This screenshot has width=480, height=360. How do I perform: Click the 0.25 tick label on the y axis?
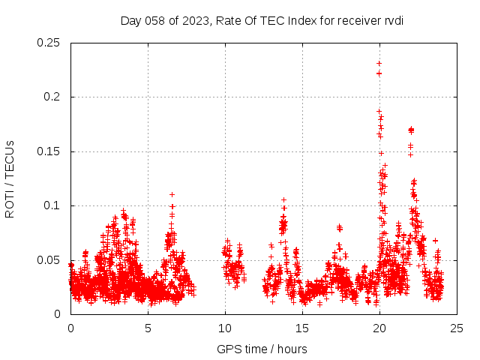(50, 43)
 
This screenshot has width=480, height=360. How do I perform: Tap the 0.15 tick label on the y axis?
(50, 151)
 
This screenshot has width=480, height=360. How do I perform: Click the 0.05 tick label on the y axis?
(50, 260)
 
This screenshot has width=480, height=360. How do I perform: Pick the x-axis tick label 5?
(148, 328)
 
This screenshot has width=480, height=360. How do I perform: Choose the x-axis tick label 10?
(225, 328)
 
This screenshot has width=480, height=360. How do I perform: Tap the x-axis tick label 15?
(302, 328)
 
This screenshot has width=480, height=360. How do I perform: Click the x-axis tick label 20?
(379, 328)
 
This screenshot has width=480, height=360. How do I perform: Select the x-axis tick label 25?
(457, 328)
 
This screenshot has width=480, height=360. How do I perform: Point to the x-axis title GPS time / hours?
(262, 349)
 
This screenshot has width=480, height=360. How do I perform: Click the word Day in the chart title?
(131, 20)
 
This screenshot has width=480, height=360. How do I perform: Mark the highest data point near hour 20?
(379, 64)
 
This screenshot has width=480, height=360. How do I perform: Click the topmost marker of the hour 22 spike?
(411, 129)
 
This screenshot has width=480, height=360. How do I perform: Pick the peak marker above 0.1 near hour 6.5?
(172, 194)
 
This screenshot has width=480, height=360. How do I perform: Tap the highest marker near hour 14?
(283, 199)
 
